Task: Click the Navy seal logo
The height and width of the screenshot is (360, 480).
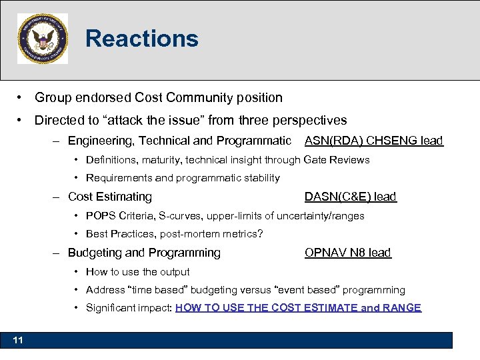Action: click(43, 39)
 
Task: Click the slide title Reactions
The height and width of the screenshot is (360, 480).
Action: click(141, 39)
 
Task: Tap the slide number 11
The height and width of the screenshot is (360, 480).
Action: click(18, 341)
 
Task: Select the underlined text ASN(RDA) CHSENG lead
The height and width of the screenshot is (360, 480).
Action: click(373, 141)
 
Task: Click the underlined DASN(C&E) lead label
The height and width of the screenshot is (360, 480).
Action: click(350, 197)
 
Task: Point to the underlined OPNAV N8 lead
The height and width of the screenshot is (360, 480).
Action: click(347, 253)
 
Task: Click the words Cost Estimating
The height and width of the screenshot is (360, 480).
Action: click(110, 197)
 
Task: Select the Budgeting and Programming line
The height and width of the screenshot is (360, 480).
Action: click(144, 253)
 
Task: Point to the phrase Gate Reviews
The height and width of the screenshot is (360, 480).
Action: click(336, 159)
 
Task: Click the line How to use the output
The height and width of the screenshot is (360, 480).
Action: click(137, 271)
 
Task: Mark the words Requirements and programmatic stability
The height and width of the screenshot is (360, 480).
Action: click(183, 178)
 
